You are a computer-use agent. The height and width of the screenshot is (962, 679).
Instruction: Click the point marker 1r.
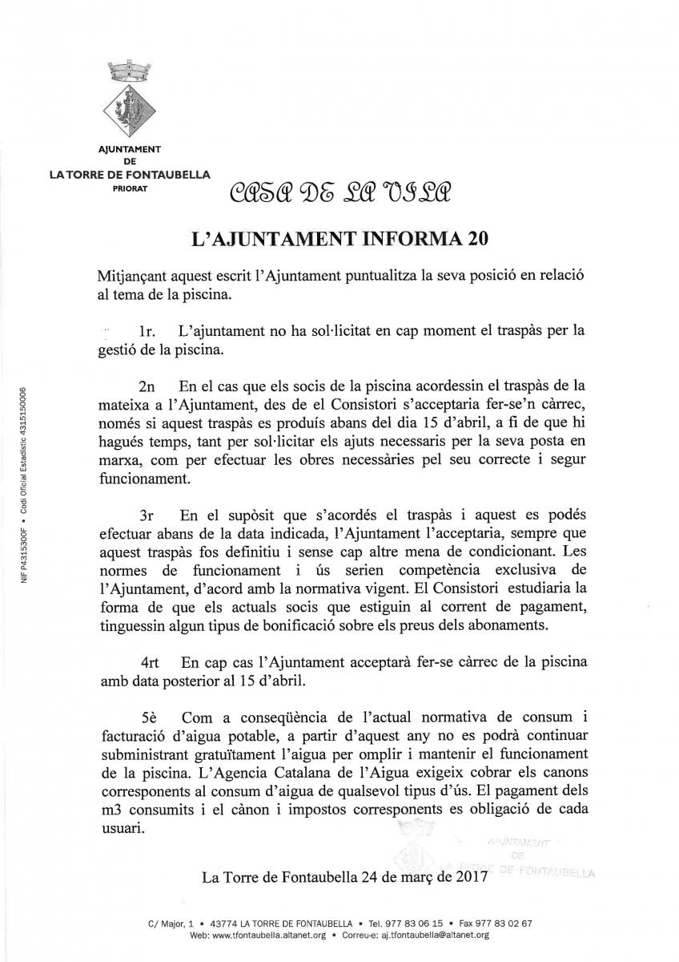click(x=147, y=330)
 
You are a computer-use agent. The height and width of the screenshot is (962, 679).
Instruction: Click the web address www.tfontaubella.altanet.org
click(x=267, y=935)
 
